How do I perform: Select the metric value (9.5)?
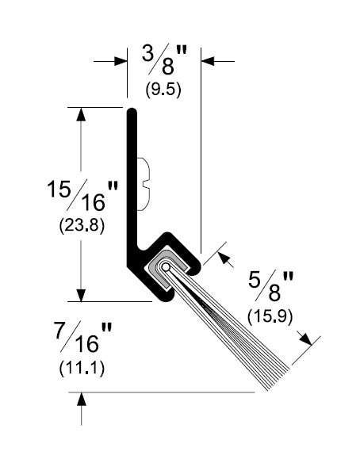coord(163,89)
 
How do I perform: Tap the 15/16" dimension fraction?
coord(83,196)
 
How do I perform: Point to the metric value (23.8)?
coord(82,226)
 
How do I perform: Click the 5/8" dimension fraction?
coord(271,286)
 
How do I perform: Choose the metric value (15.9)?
coord(270,317)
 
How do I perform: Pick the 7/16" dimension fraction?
coord(83,337)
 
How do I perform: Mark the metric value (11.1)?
coord(82,369)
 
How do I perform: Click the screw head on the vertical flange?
coord(144,184)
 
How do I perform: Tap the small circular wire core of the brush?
coord(166,267)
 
